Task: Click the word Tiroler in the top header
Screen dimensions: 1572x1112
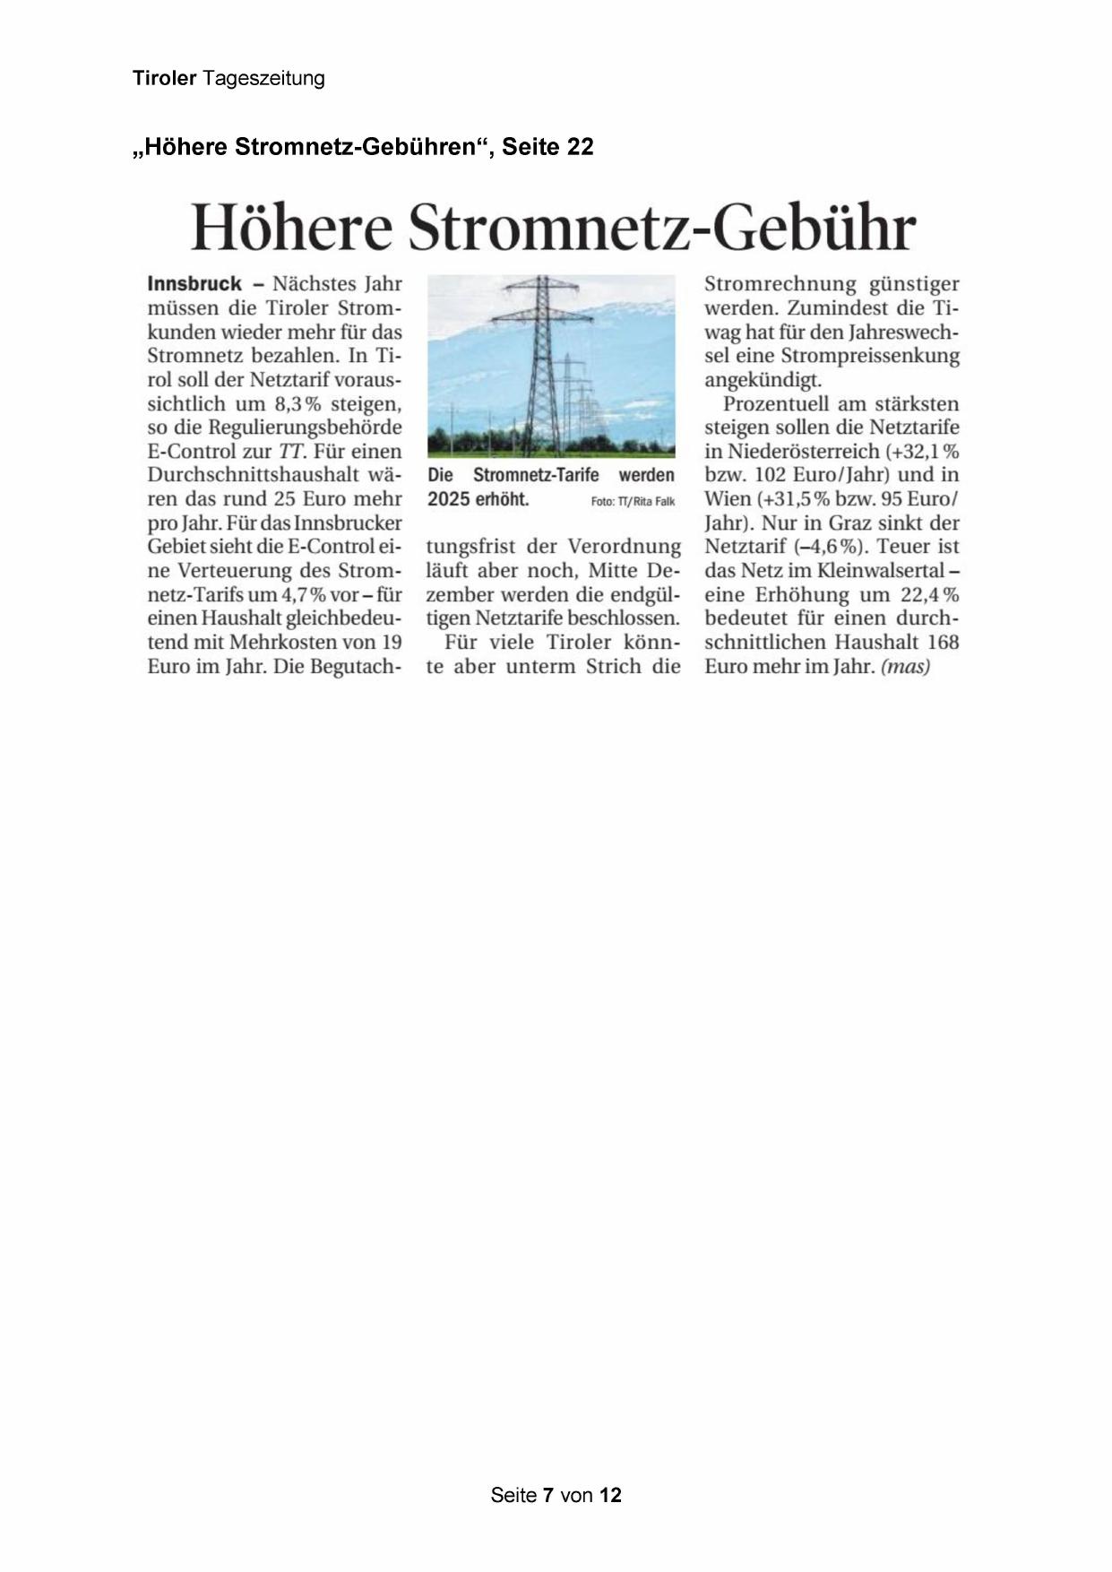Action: [x=164, y=78]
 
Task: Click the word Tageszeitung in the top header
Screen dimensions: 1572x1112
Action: [x=263, y=79]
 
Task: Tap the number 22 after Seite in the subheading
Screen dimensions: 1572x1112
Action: [x=579, y=146]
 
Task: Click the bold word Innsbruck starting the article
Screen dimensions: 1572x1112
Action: [x=194, y=284]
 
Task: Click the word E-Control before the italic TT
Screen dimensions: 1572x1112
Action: [x=191, y=452]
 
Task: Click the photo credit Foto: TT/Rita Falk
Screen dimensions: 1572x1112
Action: [x=633, y=501]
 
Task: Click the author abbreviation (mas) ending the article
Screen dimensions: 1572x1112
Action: [x=905, y=667]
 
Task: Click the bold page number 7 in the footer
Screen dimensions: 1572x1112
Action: [x=547, y=1495]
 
